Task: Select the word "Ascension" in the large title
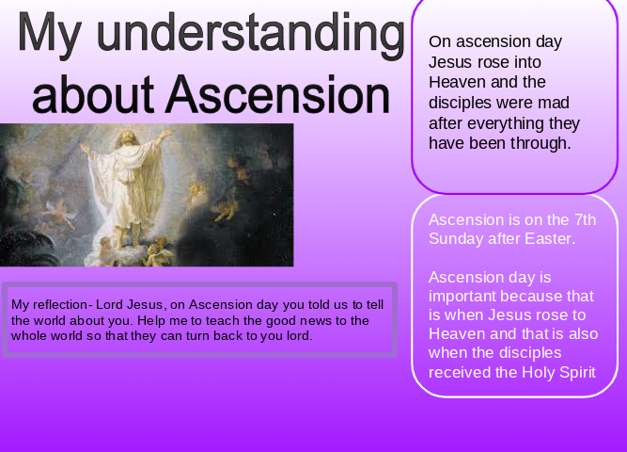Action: pos(278,94)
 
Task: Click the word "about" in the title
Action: pos(93,94)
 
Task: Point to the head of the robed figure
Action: pos(128,137)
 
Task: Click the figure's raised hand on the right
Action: pos(167,132)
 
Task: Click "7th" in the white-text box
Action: pos(585,220)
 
